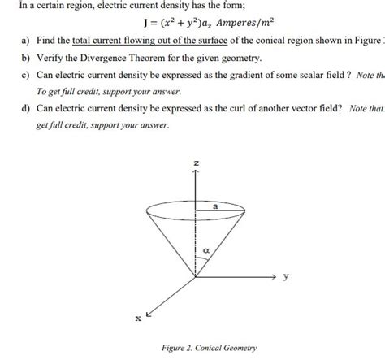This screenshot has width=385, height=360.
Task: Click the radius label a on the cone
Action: click(215, 207)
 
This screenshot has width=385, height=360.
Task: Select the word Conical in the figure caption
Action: click(214, 349)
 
